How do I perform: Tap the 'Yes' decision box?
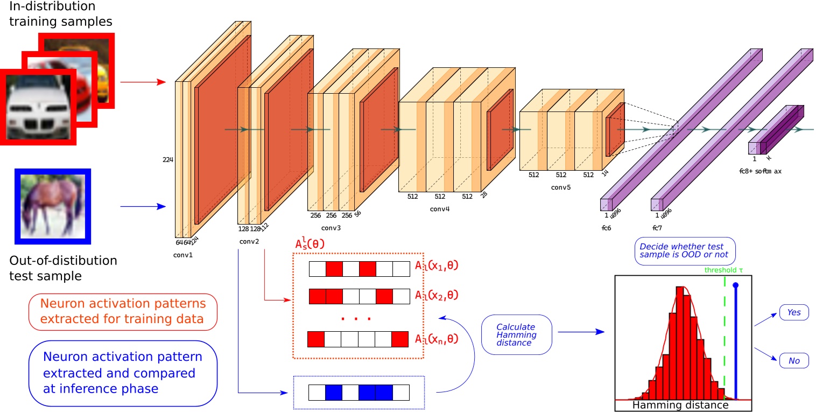[x=794, y=312]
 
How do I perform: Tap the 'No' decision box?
[x=794, y=360]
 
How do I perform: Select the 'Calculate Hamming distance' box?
[x=516, y=334]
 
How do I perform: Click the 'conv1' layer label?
[x=183, y=255]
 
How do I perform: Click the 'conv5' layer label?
[x=560, y=188]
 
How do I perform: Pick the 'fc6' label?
[x=607, y=228]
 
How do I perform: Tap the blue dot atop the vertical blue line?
[x=735, y=284]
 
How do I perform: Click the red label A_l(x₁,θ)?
[x=437, y=266]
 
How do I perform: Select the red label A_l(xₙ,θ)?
[x=437, y=339]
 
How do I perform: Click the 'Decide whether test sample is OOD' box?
[x=685, y=251]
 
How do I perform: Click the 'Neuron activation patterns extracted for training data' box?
[x=122, y=312]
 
